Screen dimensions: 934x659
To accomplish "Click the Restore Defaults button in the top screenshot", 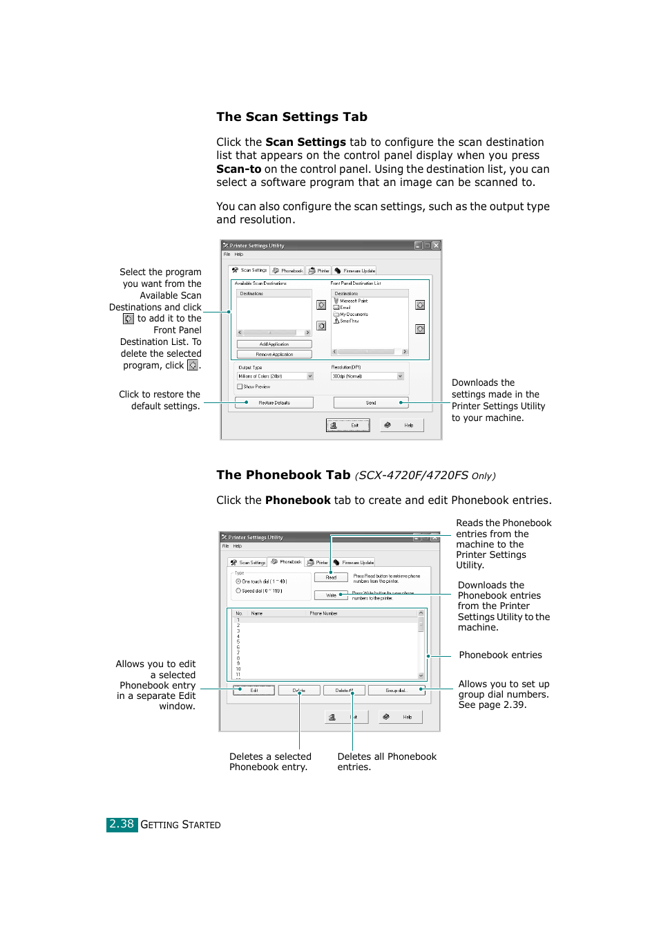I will [x=274, y=402].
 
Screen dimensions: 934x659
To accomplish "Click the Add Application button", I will [x=274, y=344].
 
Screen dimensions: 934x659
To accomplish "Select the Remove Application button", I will [x=274, y=355].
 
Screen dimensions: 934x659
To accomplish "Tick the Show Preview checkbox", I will [x=240, y=386].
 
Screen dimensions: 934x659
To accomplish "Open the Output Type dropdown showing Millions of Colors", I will [x=275, y=376].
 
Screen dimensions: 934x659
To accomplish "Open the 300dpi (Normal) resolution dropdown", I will [x=367, y=376].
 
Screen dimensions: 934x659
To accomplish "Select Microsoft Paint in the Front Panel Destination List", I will [x=353, y=301].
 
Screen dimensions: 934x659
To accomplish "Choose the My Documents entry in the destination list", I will [x=353, y=314].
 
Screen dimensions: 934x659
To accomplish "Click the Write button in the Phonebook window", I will [x=331, y=595].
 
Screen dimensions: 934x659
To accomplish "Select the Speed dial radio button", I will [x=238, y=590].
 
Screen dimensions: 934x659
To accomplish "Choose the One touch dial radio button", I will [x=238, y=581].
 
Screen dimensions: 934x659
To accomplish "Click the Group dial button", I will [x=396, y=690].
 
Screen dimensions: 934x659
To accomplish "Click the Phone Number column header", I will [x=323, y=613].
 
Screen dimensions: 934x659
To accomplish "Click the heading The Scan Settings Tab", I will [x=292, y=117].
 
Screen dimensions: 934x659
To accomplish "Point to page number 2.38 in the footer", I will [x=122, y=824].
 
